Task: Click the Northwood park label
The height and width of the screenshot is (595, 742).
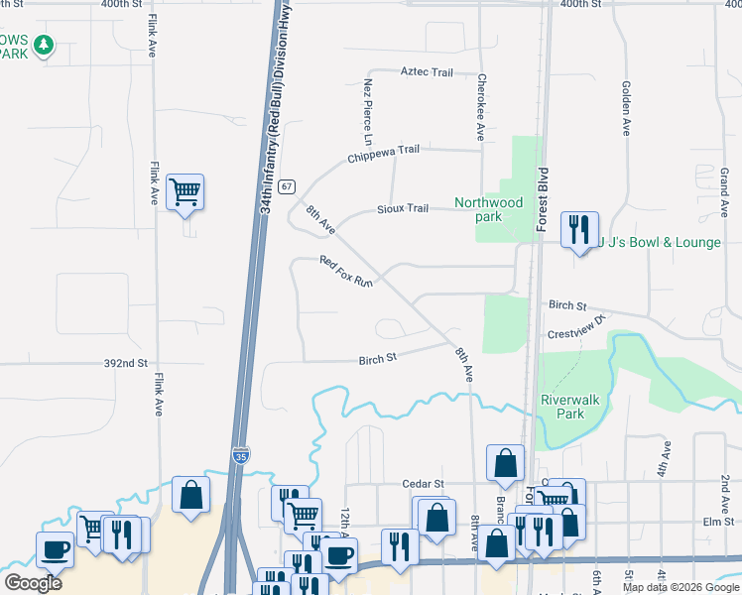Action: [x=488, y=209]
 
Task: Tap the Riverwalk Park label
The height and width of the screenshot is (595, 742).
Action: [x=562, y=407]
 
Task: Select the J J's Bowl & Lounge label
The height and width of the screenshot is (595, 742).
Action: [x=659, y=242]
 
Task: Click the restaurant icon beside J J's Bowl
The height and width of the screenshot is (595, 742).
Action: [x=577, y=230]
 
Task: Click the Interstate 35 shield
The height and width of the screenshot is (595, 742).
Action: [x=241, y=455]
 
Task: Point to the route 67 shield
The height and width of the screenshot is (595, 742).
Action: [x=287, y=186]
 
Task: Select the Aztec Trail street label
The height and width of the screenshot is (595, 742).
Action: [x=427, y=72]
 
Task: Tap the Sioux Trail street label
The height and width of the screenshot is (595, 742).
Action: [x=402, y=209]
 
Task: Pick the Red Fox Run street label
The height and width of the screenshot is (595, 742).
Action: [x=345, y=274]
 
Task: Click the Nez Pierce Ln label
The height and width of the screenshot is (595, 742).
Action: [x=367, y=109]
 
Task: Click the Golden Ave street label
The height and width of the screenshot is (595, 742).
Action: [x=627, y=108]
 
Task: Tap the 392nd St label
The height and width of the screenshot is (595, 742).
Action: [x=126, y=364]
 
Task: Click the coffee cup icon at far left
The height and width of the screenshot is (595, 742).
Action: [x=55, y=548]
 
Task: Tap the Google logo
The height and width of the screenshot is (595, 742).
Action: [x=33, y=583]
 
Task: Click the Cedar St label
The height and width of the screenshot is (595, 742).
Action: [x=421, y=483]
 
